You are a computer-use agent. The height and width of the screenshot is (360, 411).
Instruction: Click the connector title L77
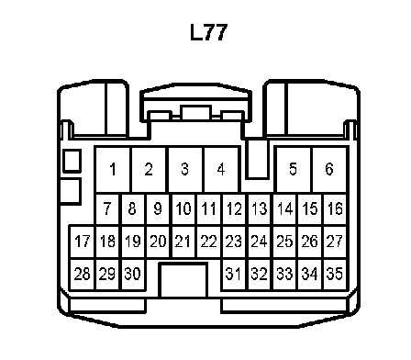(x=209, y=32)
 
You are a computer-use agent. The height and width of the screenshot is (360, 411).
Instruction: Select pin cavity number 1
(x=113, y=169)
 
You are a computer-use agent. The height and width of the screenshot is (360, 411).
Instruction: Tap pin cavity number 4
(x=221, y=169)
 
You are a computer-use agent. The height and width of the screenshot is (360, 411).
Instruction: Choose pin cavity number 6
(x=329, y=169)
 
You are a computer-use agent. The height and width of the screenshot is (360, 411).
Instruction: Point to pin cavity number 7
(x=107, y=209)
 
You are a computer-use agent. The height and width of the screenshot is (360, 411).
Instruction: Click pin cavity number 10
(x=183, y=209)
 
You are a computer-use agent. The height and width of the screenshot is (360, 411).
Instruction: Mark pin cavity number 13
(x=260, y=209)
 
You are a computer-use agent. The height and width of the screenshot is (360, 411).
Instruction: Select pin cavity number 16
(x=335, y=209)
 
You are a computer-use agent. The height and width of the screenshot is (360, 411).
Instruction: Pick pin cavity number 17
(x=83, y=242)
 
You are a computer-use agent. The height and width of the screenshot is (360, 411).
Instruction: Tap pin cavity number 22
(x=209, y=242)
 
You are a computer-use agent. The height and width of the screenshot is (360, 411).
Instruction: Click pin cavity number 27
(x=335, y=242)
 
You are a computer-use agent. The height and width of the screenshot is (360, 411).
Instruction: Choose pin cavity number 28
(x=83, y=274)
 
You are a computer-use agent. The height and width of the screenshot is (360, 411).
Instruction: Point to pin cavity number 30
(x=133, y=274)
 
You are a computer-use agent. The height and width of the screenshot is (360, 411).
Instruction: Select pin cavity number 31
(x=234, y=274)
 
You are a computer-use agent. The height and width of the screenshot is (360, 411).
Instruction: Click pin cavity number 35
(x=335, y=274)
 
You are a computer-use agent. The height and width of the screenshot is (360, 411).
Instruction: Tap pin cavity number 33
(x=284, y=274)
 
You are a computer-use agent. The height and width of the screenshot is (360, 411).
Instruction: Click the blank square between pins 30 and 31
(x=183, y=280)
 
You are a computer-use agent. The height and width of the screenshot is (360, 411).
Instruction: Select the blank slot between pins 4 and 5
(x=258, y=158)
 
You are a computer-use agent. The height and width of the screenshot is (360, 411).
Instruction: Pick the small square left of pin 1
(x=72, y=161)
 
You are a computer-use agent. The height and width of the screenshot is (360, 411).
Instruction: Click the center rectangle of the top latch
(x=195, y=113)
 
